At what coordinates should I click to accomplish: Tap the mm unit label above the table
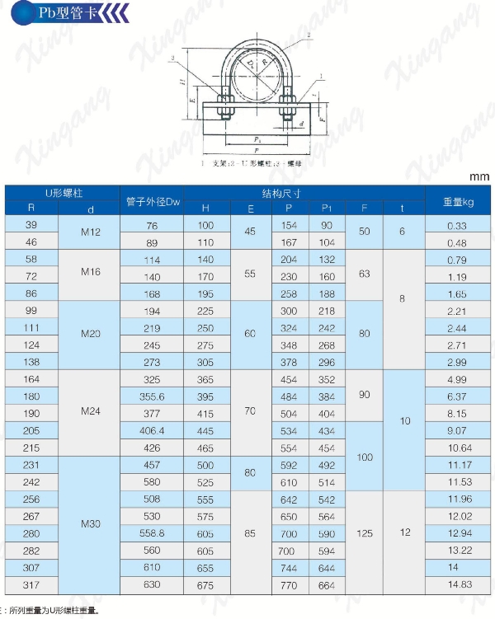[479, 176]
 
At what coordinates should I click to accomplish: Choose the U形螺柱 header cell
[62, 193]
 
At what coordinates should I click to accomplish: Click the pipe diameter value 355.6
[152, 396]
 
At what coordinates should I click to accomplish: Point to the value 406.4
[152, 431]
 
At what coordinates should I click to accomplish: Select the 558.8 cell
[152, 533]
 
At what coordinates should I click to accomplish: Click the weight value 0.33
[457, 226]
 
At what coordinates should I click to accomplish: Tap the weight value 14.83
[457, 584]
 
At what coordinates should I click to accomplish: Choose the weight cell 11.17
[457, 465]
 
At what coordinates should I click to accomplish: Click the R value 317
[32, 584]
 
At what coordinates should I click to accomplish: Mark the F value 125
[365, 533]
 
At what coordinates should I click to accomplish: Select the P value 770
[289, 584]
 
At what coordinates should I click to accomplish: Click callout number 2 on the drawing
[308, 35]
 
